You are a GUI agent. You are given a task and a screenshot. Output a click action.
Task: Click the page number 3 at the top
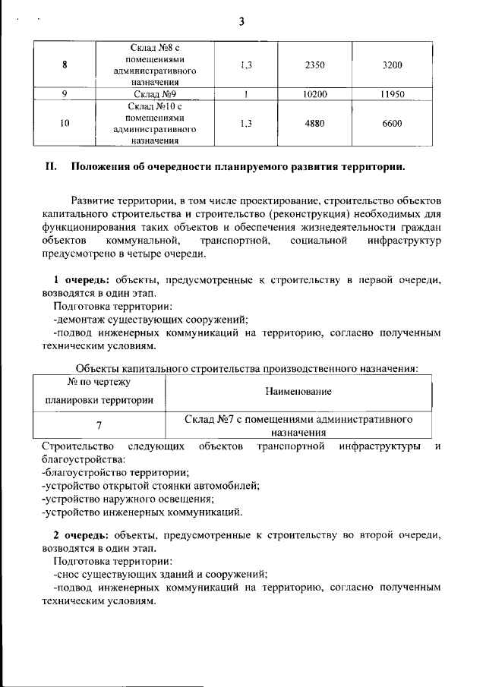pyautogui.click(x=241, y=20)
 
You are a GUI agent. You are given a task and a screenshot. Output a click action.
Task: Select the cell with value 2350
pyautogui.click(x=314, y=65)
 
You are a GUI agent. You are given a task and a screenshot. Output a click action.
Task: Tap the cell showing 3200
pyautogui.click(x=392, y=65)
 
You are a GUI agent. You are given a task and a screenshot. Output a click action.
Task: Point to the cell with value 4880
pyautogui.click(x=314, y=123)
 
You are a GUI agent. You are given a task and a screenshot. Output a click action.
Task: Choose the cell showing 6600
pyautogui.click(x=392, y=123)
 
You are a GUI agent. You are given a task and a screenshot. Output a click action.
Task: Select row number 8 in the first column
pyautogui.click(x=65, y=65)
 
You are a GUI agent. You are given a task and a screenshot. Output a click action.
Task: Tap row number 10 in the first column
pyautogui.click(x=65, y=123)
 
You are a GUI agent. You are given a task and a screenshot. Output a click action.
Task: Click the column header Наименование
pyautogui.click(x=298, y=392)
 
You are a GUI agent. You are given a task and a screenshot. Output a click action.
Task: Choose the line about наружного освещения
pyautogui.click(x=128, y=498)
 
